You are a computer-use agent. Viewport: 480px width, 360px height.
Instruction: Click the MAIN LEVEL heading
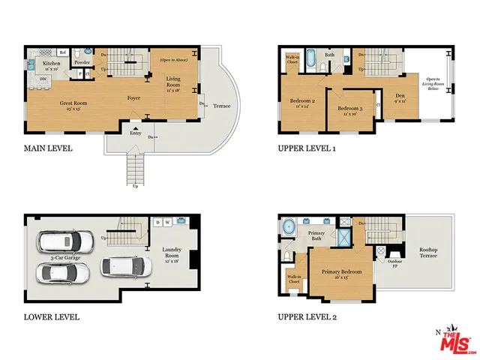click(47, 148)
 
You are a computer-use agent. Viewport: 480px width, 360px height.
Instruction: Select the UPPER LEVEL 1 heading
click(307, 148)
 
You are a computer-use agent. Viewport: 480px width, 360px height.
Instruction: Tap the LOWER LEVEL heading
click(50, 317)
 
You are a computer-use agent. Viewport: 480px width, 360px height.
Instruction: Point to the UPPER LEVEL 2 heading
click(307, 317)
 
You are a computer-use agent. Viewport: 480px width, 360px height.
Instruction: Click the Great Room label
click(75, 102)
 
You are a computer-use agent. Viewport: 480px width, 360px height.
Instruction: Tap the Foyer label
click(134, 97)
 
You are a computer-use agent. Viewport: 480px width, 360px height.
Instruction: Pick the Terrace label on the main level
click(221, 106)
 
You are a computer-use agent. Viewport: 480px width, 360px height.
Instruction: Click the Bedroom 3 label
click(350, 110)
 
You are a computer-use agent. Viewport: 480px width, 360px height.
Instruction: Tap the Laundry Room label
click(172, 255)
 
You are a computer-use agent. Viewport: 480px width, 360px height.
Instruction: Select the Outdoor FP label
click(394, 262)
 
